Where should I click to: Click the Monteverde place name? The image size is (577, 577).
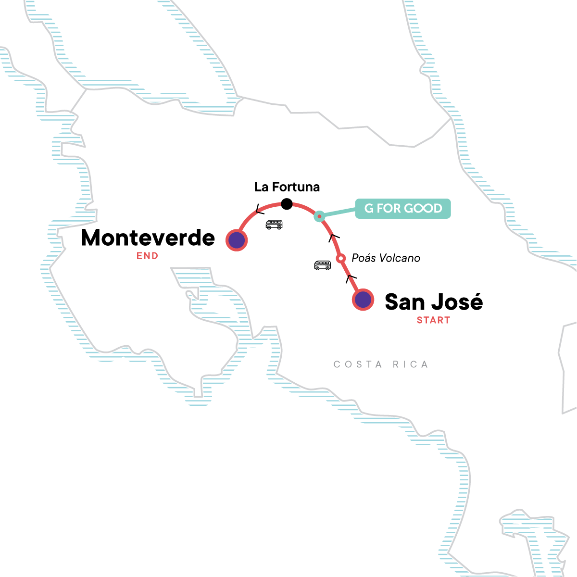148,238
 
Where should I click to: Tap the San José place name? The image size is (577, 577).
434,302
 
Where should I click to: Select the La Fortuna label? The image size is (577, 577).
287,187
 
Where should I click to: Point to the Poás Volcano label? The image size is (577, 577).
386,258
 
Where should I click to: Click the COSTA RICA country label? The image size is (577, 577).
381,364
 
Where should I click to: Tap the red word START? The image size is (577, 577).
433,320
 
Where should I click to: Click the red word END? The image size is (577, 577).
147,256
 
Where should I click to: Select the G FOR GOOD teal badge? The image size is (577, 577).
403,209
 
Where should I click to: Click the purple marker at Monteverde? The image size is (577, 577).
237,240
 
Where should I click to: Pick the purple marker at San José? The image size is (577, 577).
363,300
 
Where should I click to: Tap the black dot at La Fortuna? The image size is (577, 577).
287,204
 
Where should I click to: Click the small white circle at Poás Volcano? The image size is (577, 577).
340,259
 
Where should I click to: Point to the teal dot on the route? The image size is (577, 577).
319,216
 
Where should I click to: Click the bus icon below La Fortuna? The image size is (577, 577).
274,225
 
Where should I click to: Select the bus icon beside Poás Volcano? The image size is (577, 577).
322,265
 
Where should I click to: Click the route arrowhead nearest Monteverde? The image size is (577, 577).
260,210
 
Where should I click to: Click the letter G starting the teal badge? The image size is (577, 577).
369,209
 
